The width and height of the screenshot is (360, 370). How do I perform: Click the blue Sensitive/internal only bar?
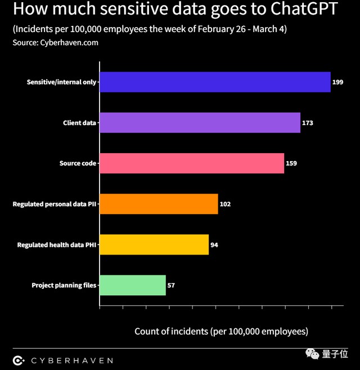(x=215, y=82)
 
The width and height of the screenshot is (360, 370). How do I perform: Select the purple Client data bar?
(x=200, y=123)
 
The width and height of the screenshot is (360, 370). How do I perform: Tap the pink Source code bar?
(x=192, y=163)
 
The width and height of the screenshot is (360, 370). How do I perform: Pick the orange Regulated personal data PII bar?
(x=159, y=204)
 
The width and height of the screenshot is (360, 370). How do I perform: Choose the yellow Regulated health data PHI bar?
(x=154, y=244)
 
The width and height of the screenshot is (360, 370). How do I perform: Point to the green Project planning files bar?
(x=133, y=286)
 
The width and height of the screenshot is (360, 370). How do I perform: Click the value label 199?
(x=337, y=82)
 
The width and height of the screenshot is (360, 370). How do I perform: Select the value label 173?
(x=307, y=123)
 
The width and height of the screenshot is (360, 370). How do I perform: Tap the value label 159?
(x=291, y=163)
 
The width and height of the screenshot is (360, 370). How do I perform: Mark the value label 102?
(x=225, y=204)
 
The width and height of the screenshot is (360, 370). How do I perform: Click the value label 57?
(x=171, y=286)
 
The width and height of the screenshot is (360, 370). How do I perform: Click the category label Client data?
(x=79, y=123)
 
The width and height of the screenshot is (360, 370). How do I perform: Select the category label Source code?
(x=78, y=163)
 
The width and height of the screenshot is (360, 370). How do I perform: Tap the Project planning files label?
(x=64, y=286)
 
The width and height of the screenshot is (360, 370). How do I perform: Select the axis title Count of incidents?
(x=221, y=331)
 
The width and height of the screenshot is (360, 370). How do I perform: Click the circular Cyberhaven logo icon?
(x=19, y=360)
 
